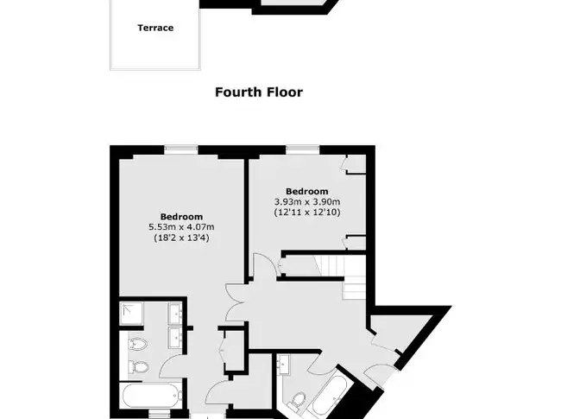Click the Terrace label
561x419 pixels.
[155, 28]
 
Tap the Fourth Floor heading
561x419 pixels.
[259, 92]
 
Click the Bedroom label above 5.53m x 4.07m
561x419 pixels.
[181, 217]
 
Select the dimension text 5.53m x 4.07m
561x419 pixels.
[181, 227]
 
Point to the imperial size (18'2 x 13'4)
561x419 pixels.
[181, 238]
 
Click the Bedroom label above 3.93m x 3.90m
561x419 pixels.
[307, 191]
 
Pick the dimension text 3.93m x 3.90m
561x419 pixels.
[307, 201]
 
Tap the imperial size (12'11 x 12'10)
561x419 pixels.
[307, 212]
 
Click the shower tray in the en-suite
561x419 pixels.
[132, 314]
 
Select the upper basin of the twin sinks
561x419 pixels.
[175, 314]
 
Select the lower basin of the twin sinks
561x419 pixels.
[175, 337]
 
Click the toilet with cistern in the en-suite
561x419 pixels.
[138, 366]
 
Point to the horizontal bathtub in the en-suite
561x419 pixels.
[152, 396]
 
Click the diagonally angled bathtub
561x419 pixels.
[329, 396]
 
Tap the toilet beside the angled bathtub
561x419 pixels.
[297, 401]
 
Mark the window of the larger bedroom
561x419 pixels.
[181, 149]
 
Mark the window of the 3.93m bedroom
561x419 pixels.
[303, 149]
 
